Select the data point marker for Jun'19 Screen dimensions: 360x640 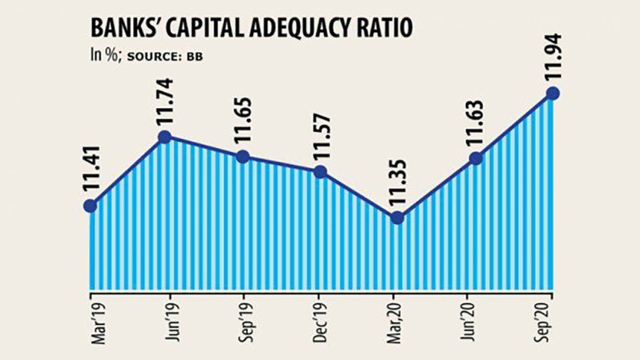click(x=166, y=137)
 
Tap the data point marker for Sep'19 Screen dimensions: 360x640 click(x=243, y=157)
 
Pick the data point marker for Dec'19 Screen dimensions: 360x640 click(x=320, y=173)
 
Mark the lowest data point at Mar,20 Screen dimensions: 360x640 click(x=397, y=218)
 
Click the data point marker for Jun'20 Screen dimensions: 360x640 click(x=475, y=158)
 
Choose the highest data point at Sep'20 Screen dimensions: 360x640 click(x=553, y=93)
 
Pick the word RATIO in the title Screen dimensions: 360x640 click(x=384, y=29)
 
